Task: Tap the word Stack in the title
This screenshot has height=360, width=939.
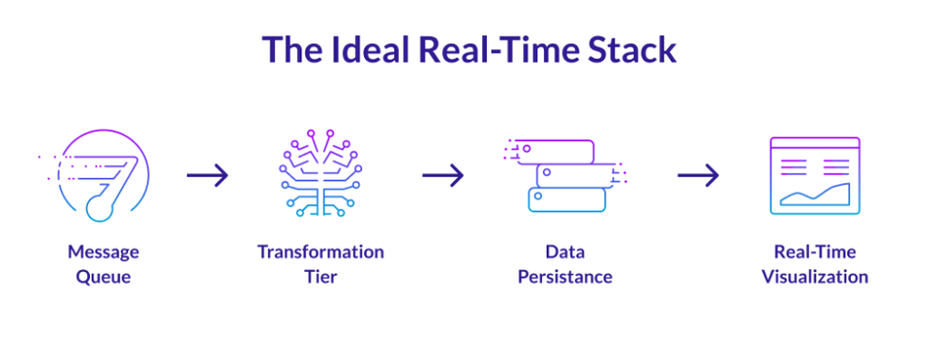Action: (x=626, y=50)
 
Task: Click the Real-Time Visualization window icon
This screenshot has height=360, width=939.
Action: (x=814, y=176)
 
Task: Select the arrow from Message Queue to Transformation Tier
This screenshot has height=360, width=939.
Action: (x=207, y=176)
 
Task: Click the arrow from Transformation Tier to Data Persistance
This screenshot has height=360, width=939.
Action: (x=443, y=176)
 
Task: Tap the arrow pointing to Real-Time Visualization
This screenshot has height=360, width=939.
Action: (x=697, y=176)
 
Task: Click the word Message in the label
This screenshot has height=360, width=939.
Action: (x=104, y=252)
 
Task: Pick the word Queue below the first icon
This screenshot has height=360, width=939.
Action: (x=104, y=277)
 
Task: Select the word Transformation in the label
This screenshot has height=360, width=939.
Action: (x=320, y=252)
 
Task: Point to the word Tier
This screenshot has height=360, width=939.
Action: (x=320, y=277)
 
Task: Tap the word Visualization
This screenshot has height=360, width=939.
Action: (x=814, y=277)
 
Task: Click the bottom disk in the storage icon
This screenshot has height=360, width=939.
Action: (x=565, y=200)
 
